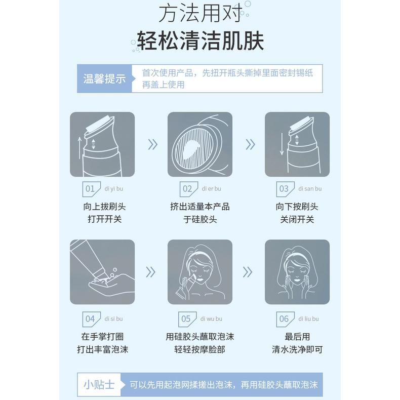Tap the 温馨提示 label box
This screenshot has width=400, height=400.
pyautogui.click(x=104, y=79)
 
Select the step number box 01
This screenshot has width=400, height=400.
pyautogui.click(x=90, y=189)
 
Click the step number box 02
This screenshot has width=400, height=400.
pyautogui.click(x=187, y=189)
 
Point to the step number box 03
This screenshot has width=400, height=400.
pyautogui.click(x=284, y=189)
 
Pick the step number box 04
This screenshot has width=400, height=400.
pyautogui.click(x=90, y=319)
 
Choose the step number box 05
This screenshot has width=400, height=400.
pyautogui.click(x=186, y=319)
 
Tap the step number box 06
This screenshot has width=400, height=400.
pyautogui.click(x=284, y=319)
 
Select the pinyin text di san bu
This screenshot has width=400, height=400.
pyautogui.click(x=310, y=189)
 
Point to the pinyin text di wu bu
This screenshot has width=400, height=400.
pyautogui.click(x=211, y=319)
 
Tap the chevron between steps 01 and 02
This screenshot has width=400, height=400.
pyautogui.click(x=152, y=145)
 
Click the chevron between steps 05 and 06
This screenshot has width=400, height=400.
pyautogui.click(x=248, y=272)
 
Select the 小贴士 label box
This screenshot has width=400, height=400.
pyautogui.click(x=99, y=384)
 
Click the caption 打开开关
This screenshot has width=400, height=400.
pyautogui.click(x=105, y=219)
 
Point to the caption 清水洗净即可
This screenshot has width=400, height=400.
pyautogui.click(x=297, y=349)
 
